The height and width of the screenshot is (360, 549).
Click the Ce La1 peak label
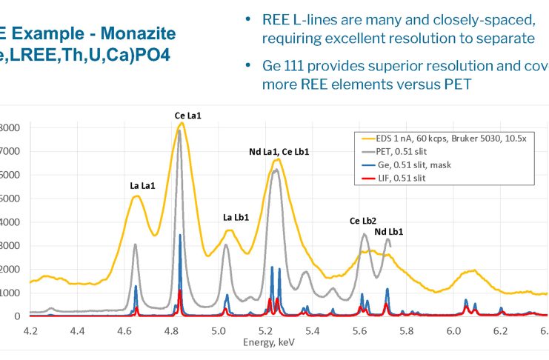(189, 116)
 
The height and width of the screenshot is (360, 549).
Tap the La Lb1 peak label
(236, 218)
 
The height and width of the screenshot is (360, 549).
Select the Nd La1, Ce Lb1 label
(279, 152)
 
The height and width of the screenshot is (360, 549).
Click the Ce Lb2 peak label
(362, 221)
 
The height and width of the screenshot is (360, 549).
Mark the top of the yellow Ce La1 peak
(182, 123)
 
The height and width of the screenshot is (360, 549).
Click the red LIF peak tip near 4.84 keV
(180, 290)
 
